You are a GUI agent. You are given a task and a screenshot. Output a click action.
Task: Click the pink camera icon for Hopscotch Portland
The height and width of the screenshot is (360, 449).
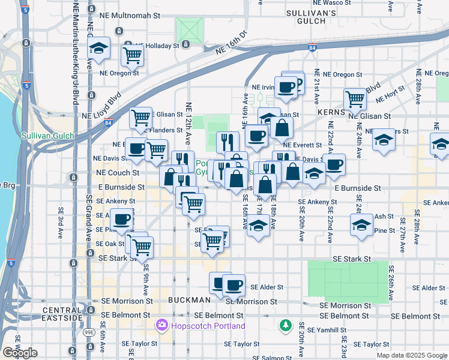tap(161, 326)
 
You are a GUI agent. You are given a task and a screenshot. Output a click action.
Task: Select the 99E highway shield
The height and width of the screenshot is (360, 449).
tap(89, 331)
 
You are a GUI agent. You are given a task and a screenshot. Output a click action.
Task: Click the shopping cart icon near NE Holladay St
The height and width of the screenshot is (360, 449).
tap(132, 56)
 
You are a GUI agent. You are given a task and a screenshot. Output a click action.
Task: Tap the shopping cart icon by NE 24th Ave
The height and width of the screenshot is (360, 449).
tap(355, 98)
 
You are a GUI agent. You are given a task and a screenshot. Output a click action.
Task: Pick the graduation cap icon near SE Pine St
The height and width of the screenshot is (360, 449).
tap(361, 226)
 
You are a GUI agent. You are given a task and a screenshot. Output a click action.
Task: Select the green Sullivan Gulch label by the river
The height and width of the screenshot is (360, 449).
tap(47, 136)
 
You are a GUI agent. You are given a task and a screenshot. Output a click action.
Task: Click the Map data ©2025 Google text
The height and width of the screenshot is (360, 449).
tap(411, 355)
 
